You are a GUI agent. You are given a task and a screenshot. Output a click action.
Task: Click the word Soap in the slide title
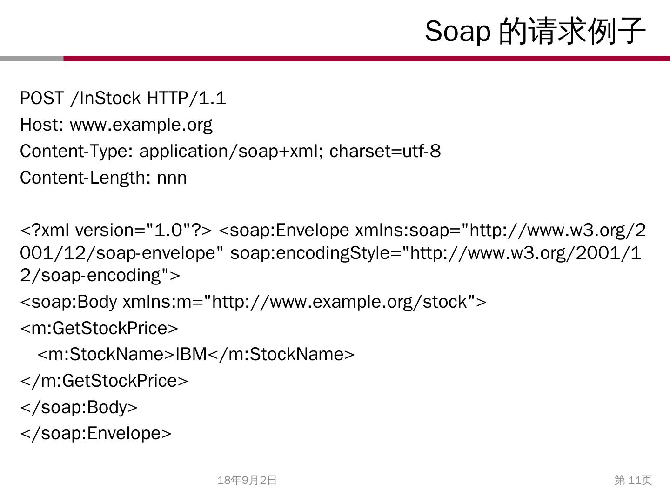pyautogui.click(x=457, y=32)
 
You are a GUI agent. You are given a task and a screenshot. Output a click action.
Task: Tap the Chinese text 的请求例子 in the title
pyautogui.click(x=572, y=32)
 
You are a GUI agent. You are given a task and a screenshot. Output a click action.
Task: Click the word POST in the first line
pyautogui.click(x=41, y=99)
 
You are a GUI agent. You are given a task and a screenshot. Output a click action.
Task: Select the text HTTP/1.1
pyautogui.click(x=186, y=99)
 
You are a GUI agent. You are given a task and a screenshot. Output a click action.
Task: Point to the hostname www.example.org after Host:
pyautogui.click(x=141, y=125)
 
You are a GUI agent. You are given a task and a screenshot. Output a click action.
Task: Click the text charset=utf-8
pyautogui.click(x=385, y=152)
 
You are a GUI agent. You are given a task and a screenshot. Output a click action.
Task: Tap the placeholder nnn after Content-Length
pyautogui.click(x=172, y=178)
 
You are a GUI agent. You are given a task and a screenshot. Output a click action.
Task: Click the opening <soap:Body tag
pyautogui.click(x=68, y=302)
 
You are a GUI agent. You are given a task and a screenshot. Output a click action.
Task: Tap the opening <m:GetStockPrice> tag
pyautogui.click(x=99, y=329)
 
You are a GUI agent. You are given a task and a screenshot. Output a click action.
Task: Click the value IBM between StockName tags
pyautogui.click(x=191, y=355)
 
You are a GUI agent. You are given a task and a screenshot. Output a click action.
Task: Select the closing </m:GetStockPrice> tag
pyautogui.click(x=104, y=381)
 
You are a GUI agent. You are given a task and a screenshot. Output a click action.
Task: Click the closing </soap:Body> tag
pyautogui.click(x=79, y=407)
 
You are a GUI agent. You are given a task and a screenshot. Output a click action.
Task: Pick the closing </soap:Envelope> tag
pyautogui.click(x=96, y=434)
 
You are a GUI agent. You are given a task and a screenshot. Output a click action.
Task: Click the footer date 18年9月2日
pyautogui.click(x=247, y=480)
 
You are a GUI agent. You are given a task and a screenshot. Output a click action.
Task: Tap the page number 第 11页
pyautogui.click(x=633, y=480)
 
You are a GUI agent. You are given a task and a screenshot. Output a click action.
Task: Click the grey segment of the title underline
pyautogui.click(x=32, y=59)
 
